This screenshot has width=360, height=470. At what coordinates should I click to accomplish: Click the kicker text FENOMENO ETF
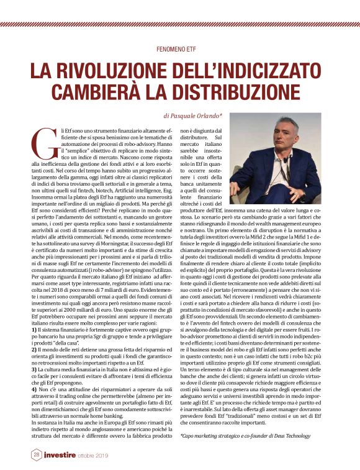[179, 48]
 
